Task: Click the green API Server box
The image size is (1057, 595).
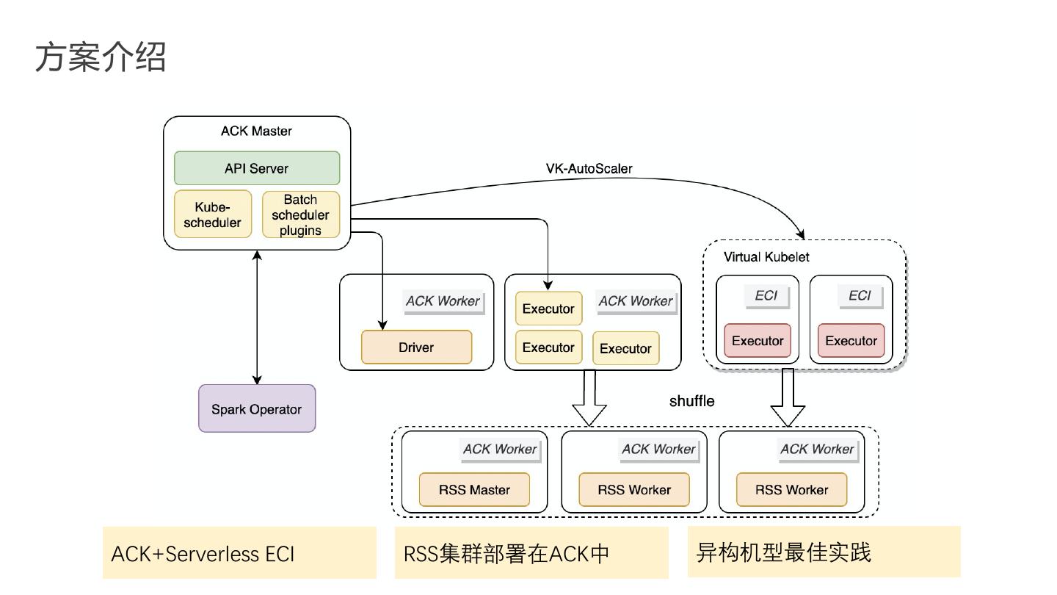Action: (x=257, y=168)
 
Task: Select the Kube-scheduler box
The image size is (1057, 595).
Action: (x=213, y=214)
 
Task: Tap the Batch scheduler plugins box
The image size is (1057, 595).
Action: (x=301, y=214)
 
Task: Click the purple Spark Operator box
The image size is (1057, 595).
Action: (x=257, y=409)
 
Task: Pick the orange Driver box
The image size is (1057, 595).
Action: (x=416, y=347)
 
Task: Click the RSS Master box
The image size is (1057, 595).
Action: (x=474, y=490)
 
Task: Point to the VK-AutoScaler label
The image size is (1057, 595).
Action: (x=589, y=168)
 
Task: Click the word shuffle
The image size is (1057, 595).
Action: (x=691, y=401)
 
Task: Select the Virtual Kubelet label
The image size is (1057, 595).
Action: (x=766, y=257)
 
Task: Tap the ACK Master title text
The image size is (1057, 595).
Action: (x=256, y=131)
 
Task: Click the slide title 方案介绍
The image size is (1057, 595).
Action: (x=101, y=57)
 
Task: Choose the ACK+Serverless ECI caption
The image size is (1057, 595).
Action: (x=203, y=553)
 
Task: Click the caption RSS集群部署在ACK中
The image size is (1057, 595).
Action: (x=506, y=553)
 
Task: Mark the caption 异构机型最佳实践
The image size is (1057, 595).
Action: (x=783, y=552)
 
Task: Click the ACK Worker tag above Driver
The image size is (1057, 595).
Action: (x=443, y=301)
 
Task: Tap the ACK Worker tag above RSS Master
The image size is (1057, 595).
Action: (x=500, y=450)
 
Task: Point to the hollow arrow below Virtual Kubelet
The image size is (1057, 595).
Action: (x=788, y=397)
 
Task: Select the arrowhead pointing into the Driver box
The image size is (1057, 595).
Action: (x=382, y=324)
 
